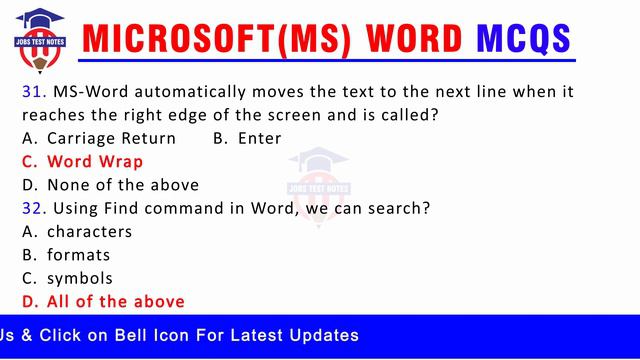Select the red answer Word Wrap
(x=95, y=161)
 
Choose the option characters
(x=89, y=232)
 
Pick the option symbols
(x=80, y=278)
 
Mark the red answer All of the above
(x=115, y=301)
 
